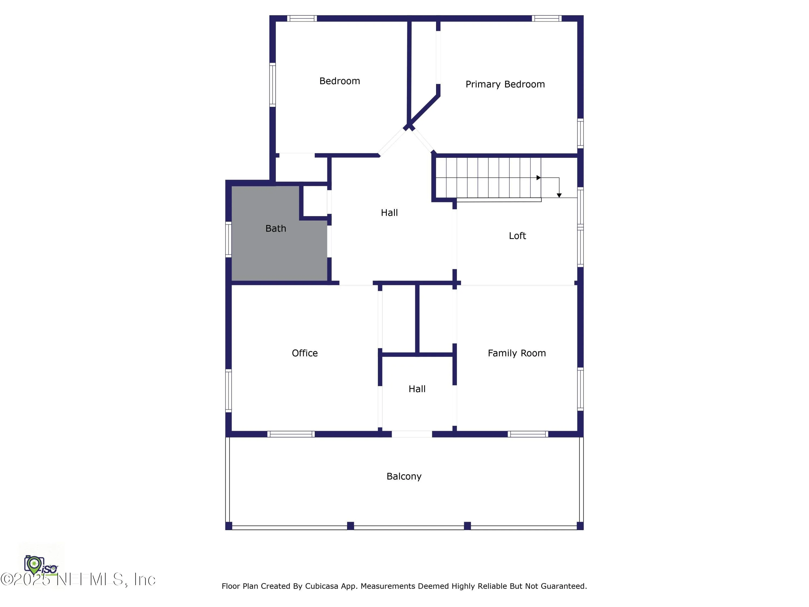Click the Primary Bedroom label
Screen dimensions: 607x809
[x=505, y=84]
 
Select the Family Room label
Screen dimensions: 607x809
[x=516, y=353]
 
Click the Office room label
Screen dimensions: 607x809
[x=305, y=353]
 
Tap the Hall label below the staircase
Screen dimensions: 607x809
[x=389, y=213]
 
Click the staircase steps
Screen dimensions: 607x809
[x=488, y=178]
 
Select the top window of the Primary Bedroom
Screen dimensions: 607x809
[x=546, y=18]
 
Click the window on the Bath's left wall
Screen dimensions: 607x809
[x=229, y=239]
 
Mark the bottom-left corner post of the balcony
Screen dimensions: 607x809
[x=229, y=526]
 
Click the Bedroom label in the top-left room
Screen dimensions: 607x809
[x=340, y=81]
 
